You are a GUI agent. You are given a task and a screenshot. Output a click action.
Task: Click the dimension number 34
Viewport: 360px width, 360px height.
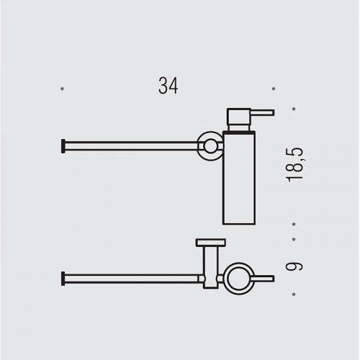pos(168,86)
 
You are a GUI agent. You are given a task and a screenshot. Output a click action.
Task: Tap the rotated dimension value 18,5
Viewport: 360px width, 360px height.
pos(295,164)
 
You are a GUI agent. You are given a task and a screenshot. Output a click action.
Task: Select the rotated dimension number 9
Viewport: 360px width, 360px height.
pos(294,266)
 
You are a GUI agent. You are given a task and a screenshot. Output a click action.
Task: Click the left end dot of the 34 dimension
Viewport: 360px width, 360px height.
pos(62,89)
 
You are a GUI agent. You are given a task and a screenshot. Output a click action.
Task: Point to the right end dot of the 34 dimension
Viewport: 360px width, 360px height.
pos(274,89)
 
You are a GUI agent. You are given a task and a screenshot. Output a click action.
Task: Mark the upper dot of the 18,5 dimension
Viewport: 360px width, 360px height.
pos(294,109)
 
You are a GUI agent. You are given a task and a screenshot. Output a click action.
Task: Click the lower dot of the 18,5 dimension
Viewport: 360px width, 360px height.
pos(294,224)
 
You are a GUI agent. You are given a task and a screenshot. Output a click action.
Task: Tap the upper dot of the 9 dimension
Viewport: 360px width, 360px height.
pos(294,239)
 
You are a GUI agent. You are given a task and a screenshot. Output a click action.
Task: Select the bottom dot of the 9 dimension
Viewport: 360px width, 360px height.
pos(294,294)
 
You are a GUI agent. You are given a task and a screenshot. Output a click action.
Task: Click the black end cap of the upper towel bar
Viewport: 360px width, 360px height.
pos(63,146)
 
